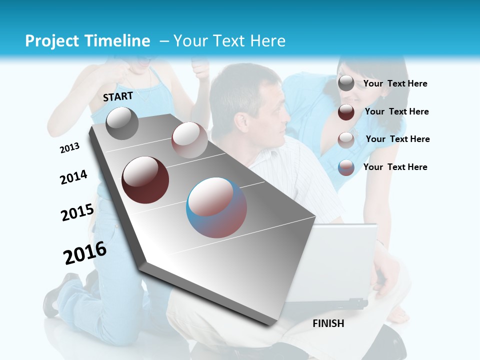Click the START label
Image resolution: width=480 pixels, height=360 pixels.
click(x=118, y=96)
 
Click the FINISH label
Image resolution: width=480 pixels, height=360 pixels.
click(x=328, y=323)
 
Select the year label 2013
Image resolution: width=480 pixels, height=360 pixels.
click(x=70, y=148)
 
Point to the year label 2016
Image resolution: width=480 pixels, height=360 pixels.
click(x=85, y=253)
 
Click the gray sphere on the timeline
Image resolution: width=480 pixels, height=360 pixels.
click(x=122, y=123)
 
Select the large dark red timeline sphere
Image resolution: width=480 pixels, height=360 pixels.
click(x=145, y=179)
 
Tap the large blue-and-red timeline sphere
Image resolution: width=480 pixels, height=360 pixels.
click(x=216, y=207)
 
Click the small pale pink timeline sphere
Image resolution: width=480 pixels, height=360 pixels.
click(x=189, y=140)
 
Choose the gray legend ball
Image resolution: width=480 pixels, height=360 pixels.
click(x=346, y=83)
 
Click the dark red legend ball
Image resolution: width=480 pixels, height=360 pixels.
click(x=346, y=112)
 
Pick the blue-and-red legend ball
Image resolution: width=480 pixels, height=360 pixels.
click(x=346, y=167)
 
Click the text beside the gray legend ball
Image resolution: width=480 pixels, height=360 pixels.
click(x=395, y=84)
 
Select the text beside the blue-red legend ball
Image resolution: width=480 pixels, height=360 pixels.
click(x=395, y=167)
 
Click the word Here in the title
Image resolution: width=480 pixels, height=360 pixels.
click(x=268, y=41)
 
